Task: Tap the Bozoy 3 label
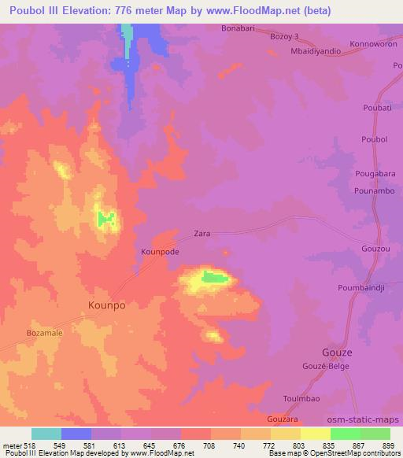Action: click(x=286, y=37)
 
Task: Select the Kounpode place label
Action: click(x=160, y=252)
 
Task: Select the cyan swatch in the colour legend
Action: click(x=46, y=434)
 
